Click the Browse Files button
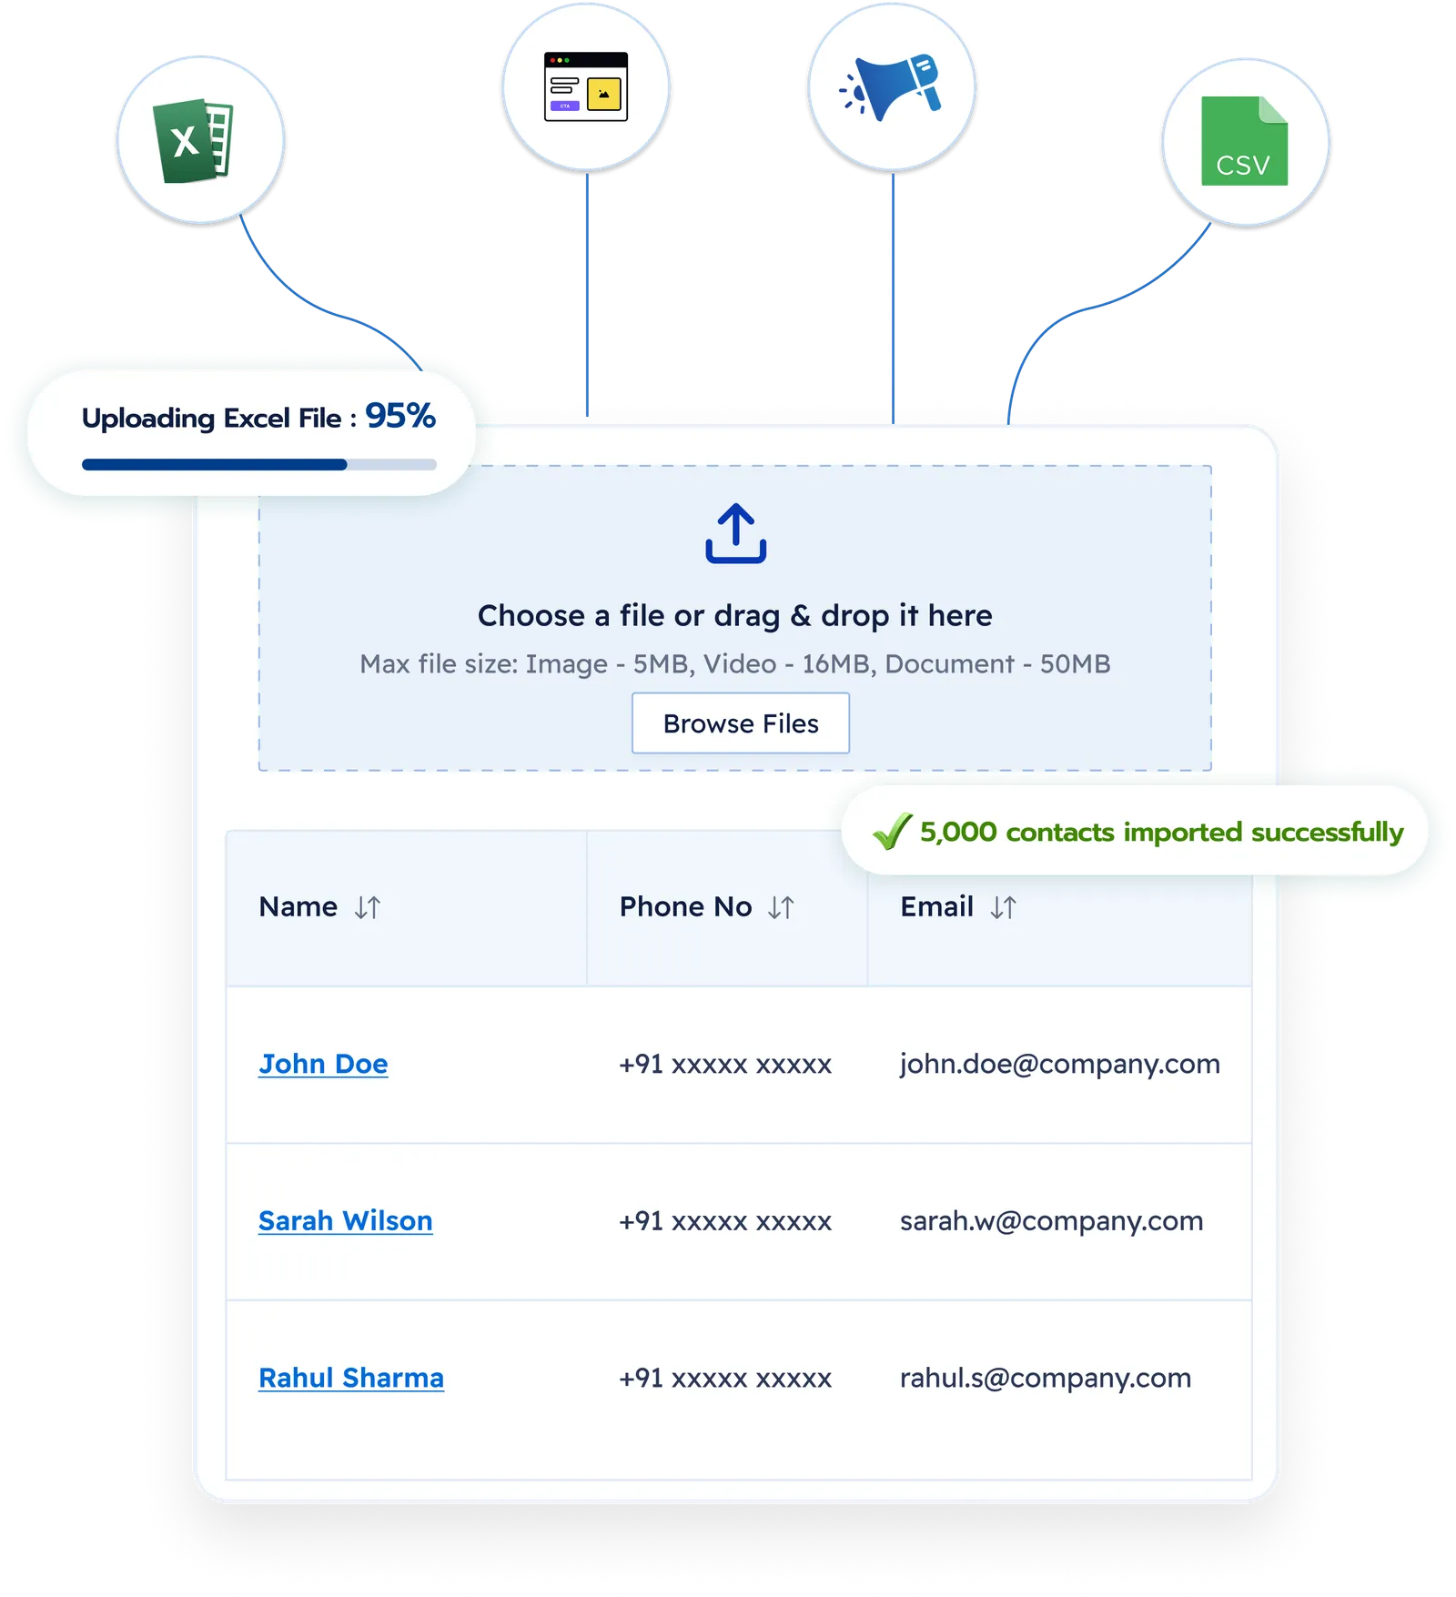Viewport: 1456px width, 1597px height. click(x=741, y=723)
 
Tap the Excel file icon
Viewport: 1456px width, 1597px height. click(x=193, y=141)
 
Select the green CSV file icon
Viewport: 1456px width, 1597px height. click(x=1244, y=141)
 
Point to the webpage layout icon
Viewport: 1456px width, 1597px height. click(x=586, y=86)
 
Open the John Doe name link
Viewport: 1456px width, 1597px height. click(x=323, y=1064)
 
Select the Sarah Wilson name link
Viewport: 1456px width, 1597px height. click(x=346, y=1220)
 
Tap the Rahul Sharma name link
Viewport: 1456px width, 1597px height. click(x=351, y=1378)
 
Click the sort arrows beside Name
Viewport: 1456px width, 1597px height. click(x=368, y=907)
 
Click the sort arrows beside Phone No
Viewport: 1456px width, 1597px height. click(x=781, y=907)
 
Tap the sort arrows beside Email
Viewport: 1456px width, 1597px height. click(x=1003, y=907)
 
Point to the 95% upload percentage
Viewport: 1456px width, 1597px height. click(x=400, y=416)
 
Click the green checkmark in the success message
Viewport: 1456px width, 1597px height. click(x=893, y=830)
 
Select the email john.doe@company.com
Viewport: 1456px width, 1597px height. click(x=1060, y=1064)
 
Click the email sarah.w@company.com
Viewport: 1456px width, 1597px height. click(x=1052, y=1220)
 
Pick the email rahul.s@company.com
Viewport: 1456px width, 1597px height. click(x=1046, y=1378)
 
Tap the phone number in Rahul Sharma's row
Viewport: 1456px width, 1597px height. click(x=725, y=1379)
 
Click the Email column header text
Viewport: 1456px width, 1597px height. click(x=936, y=906)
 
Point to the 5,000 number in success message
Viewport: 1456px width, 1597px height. click(x=958, y=832)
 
